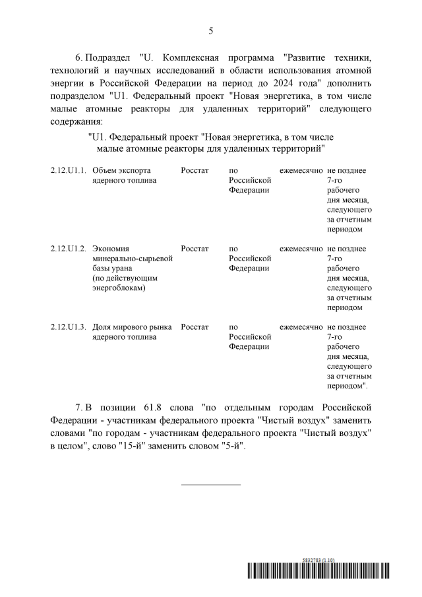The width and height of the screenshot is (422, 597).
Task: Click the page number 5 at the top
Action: point(211,31)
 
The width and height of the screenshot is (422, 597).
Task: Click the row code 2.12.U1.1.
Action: point(69,170)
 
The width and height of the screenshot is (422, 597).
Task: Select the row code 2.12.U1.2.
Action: point(69,249)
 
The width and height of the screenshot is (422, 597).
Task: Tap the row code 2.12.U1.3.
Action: point(69,327)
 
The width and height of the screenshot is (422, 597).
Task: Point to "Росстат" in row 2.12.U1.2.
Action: point(195,249)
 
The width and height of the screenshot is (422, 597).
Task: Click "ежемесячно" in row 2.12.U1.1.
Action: point(301,170)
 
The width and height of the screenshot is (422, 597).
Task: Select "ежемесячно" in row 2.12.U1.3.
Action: point(301,327)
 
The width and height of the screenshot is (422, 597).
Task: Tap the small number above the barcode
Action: point(318,559)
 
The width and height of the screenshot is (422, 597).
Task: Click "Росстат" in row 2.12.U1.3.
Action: point(195,327)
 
